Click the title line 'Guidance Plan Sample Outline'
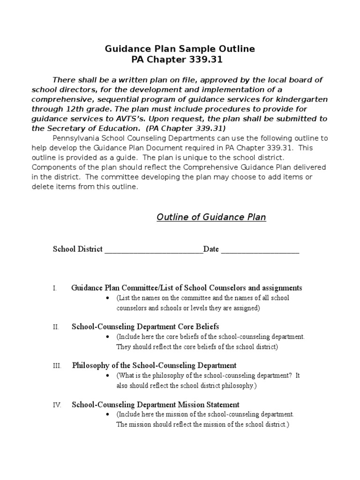(180, 49)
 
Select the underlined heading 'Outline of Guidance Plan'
(211, 217)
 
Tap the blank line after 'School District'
(153, 249)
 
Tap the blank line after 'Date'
(260, 249)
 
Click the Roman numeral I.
(55, 288)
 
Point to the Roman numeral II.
(56, 327)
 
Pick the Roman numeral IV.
(57, 405)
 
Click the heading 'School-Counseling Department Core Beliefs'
(145, 327)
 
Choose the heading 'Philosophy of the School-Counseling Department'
(154, 366)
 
